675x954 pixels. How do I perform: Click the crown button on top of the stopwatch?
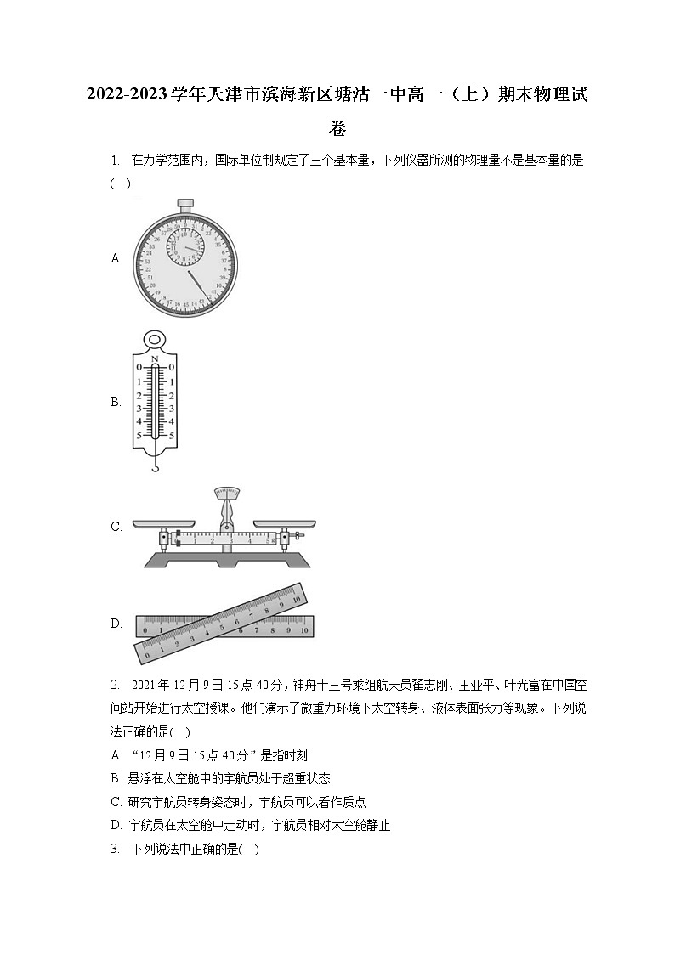click(185, 203)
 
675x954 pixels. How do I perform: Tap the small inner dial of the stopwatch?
click(185, 246)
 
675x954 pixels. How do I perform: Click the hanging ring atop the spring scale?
click(154, 341)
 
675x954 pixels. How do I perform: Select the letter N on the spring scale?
click(154, 359)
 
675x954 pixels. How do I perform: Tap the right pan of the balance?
click(284, 527)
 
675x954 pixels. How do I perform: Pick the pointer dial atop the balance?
click(226, 494)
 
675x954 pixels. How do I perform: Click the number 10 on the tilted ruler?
click(297, 599)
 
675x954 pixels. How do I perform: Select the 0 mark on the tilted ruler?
click(148, 653)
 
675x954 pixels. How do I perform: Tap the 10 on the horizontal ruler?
click(303, 631)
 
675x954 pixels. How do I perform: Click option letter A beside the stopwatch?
click(116, 259)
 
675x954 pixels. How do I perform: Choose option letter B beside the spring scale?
click(116, 402)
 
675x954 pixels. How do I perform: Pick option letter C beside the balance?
click(116, 527)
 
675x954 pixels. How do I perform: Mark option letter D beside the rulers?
click(116, 624)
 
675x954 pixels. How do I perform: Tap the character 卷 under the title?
click(337, 130)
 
